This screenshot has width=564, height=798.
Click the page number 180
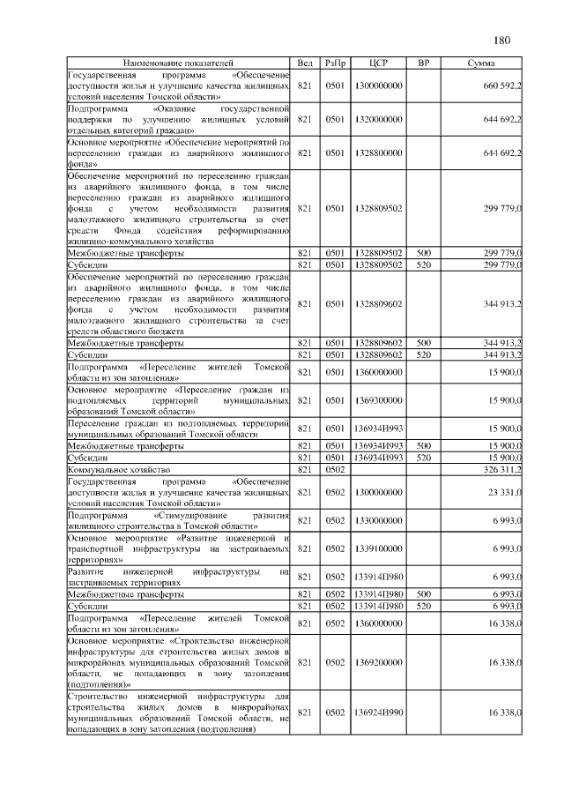click(501, 40)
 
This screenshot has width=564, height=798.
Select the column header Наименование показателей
click(179, 63)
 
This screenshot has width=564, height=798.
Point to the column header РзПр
click(335, 63)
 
